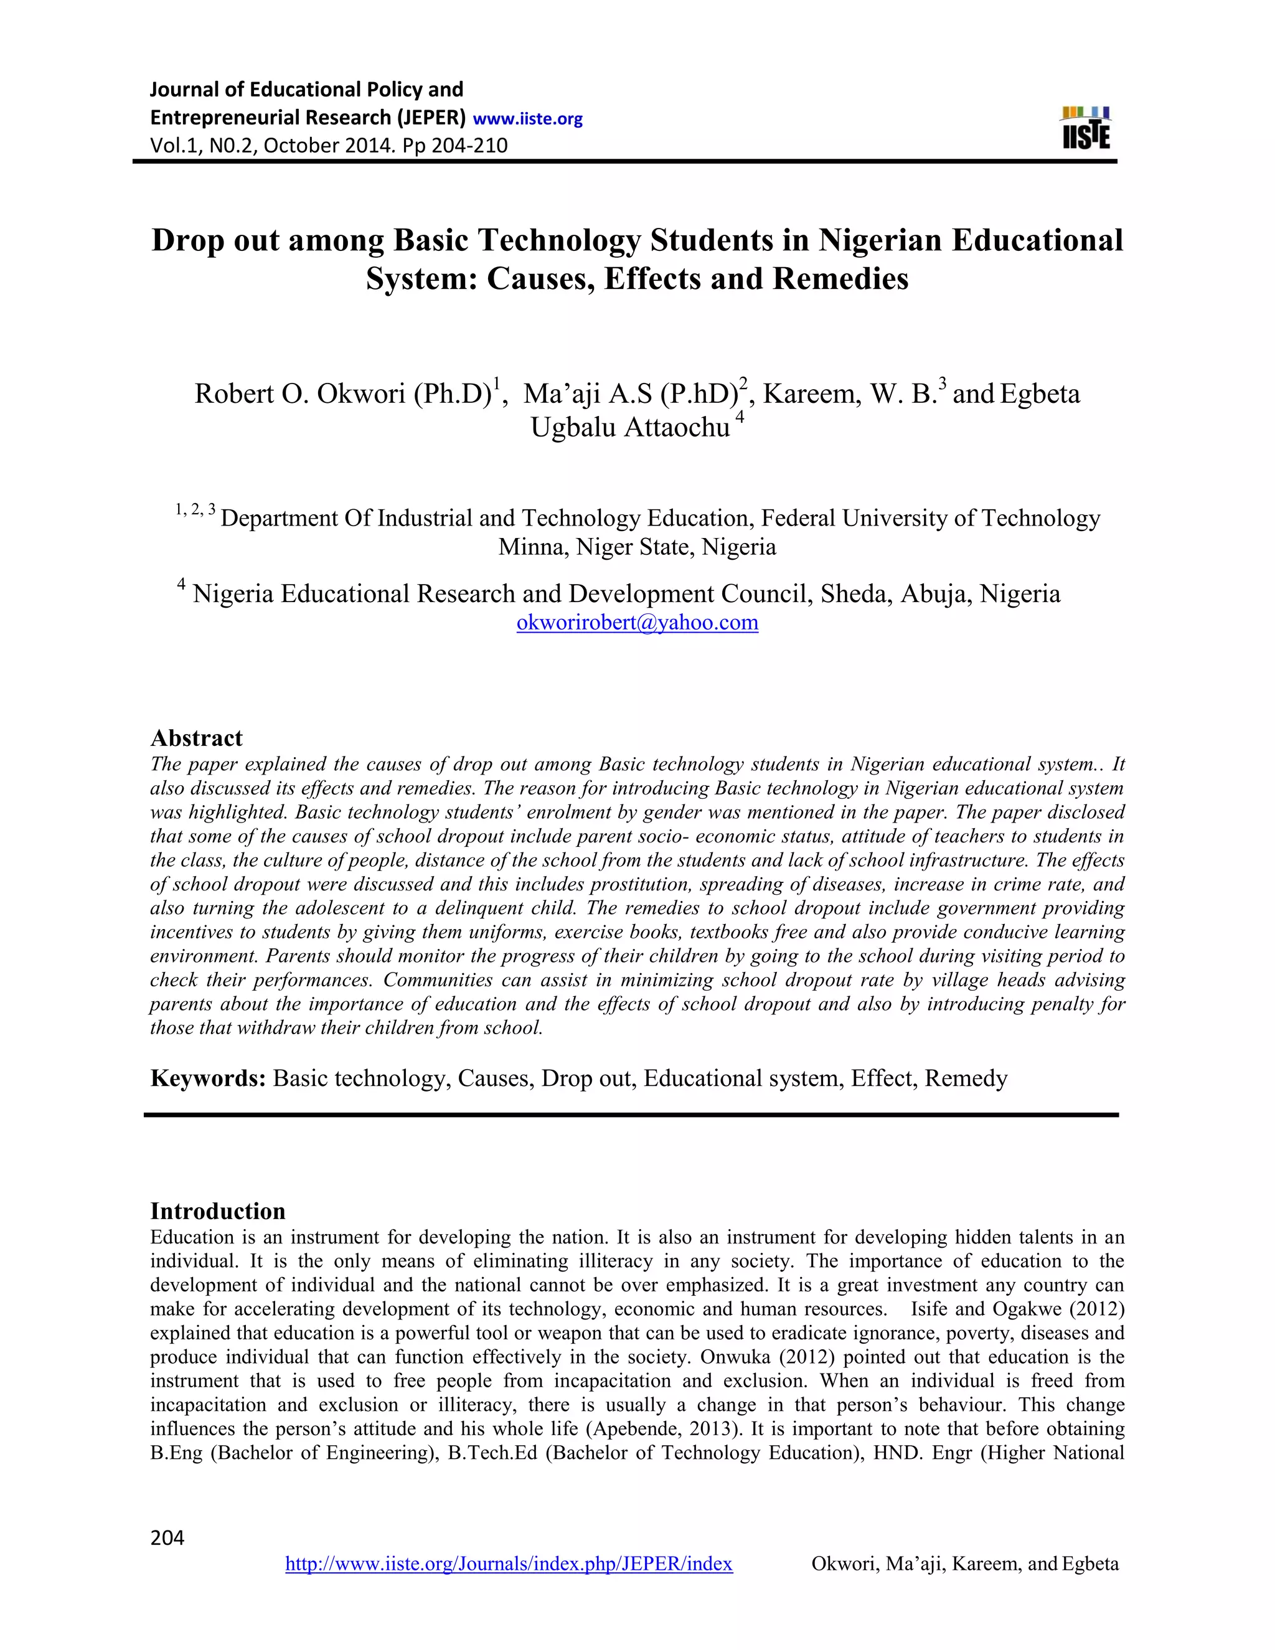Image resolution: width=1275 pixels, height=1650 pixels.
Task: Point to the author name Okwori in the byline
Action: tap(361, 394)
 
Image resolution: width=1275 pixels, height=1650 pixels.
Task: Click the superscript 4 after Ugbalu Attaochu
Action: tap(740, 418)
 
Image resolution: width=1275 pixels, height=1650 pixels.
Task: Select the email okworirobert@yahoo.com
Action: tap(637, 623)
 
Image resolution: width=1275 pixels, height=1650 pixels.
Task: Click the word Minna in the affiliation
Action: tap(534, 547)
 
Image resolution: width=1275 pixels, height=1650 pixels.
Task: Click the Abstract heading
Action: tap(196, 738)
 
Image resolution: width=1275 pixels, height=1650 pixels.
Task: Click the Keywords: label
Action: tap(208, 1078)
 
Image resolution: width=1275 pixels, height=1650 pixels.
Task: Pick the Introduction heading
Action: tap(217, 1211)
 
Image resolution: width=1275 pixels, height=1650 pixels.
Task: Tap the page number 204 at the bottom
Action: tap(167, 1538)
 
